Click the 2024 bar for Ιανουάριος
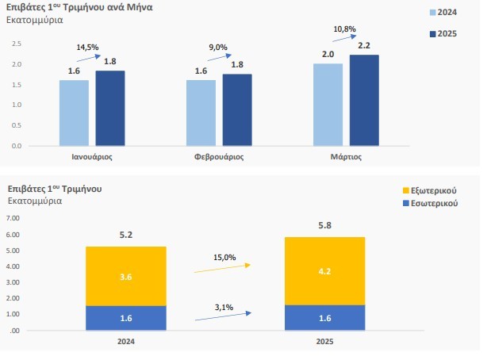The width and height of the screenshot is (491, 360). coord(74,113)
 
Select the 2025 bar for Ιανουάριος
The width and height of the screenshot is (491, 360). coord(110,108)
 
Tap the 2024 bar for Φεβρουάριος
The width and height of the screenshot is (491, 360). coord(201,113)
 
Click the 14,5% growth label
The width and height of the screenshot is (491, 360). coord(87,48)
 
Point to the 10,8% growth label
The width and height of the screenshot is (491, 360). coord(343,29)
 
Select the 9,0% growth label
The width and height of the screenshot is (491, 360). coord(217,48)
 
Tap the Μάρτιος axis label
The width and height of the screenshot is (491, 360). coord(346,156)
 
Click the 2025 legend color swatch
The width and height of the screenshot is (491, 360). coord(432,34)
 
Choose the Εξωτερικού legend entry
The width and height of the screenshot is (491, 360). coord(430,191)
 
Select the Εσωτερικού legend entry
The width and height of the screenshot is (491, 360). coord(430,204)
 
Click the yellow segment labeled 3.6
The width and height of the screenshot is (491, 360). coord(126,276)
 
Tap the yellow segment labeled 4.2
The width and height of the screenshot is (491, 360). coord(324,271)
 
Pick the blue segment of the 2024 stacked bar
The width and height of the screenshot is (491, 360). coord(126,318)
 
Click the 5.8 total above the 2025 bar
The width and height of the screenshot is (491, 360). coord(324,226)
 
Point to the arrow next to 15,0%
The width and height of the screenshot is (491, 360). coord(222,269)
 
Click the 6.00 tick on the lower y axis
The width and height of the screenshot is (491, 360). coord(14,235)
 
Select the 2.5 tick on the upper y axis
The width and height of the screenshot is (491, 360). coord(17,44)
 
